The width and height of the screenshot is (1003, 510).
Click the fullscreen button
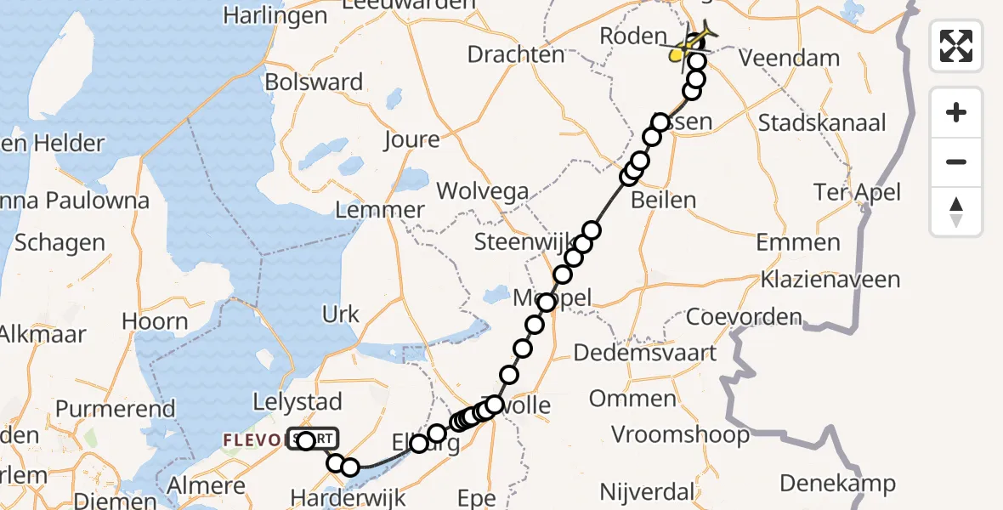coord(956,45)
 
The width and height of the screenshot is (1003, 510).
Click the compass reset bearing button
coord(956,212)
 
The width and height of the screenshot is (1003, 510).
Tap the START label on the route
coord(314,439)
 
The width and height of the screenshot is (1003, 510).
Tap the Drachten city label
coord(516,55)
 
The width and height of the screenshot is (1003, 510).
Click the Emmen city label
coord(797,243)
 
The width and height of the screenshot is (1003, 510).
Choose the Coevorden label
coord(744,318)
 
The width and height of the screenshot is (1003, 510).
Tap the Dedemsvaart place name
coord(645,352)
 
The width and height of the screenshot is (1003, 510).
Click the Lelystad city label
coord(297,401)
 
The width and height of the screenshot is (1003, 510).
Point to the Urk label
coord(341,314)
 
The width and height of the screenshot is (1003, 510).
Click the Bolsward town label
coord(314,83)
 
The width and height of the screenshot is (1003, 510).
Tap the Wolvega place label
coord(482,191)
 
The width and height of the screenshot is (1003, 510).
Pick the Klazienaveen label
coord(830,280)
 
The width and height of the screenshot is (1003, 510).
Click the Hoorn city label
coord(155,321)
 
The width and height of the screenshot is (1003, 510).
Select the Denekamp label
coord(837,484)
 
